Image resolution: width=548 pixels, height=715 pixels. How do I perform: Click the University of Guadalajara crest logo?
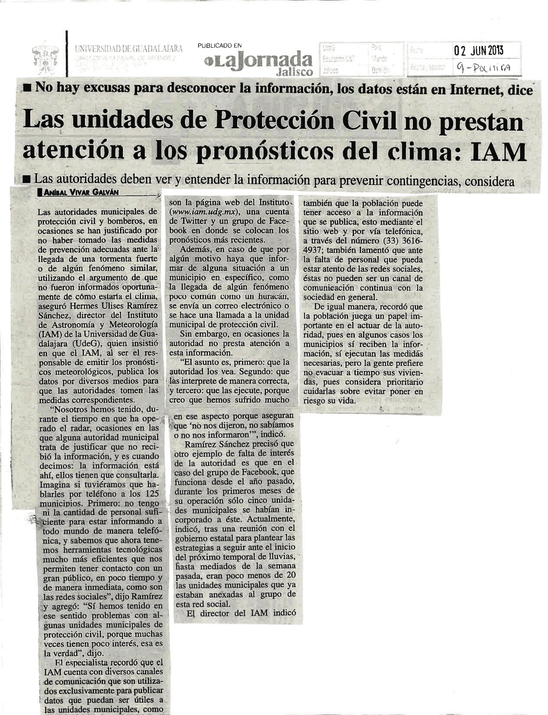(x=44, y=57)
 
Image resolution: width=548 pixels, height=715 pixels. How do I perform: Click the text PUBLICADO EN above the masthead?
(x=220, y=46)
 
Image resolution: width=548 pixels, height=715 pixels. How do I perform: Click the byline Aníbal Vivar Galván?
(x=81, y=193)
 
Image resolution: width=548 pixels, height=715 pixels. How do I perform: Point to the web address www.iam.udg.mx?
(x=205, y=212)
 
